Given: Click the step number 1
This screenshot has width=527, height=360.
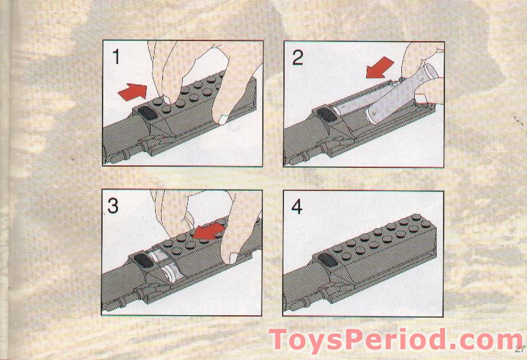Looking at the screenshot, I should tap(116, 57).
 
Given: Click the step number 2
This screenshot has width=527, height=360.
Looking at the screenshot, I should tap(297, 58).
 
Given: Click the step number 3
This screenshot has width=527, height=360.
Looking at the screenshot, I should tap(113, 206).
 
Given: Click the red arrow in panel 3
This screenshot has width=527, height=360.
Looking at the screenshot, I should tap(210, 231).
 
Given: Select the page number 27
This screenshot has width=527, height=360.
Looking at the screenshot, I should tap(519, 349).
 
